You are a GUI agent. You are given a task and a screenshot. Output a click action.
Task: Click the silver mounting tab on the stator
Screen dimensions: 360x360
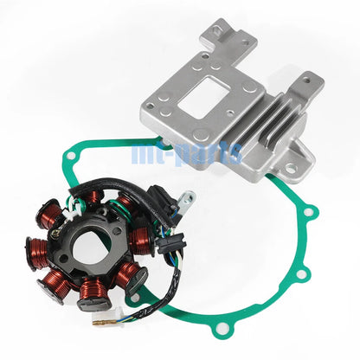[x=187, y=201]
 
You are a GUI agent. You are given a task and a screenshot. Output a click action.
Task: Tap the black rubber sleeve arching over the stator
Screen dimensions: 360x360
[x=121, y=190]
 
